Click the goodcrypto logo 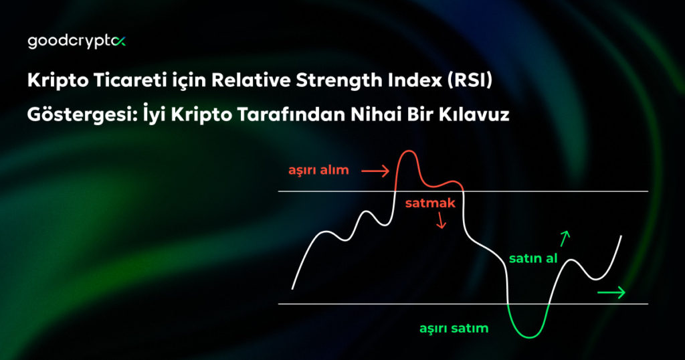tap(76, 41)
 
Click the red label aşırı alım tap(318, 170)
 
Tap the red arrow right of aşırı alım tap(375, 172)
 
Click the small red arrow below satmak tap(440, 221)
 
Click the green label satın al tap(533, 258)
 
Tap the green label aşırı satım tap(454, 329)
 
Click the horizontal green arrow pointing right tap(611, 292)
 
